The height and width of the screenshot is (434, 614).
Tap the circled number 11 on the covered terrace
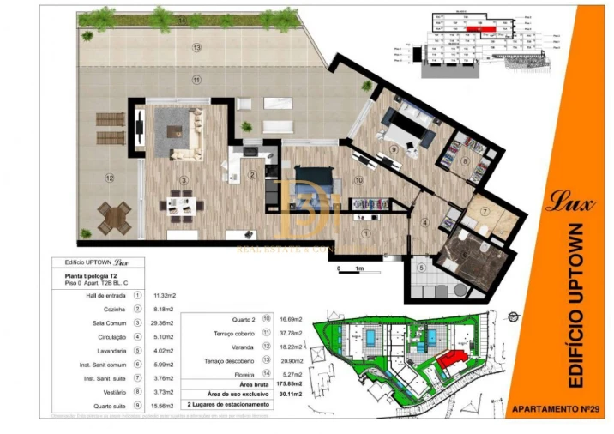pyautogui.click(x=196, y=81)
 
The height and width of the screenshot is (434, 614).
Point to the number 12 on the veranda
pyautogui.click(x=109, y=178)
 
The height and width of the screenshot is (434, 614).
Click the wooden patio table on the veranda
pyautogui.click(x=113, y=217)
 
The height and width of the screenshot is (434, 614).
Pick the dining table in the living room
pyautogui.click(x=181, y=206)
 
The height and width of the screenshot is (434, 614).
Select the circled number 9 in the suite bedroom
pyautogui.click(x=393, y=149)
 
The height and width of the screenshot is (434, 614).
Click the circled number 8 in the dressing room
pyautogui.click(x=465, y=160)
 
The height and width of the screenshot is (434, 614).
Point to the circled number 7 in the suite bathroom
pyautogui.click(x=484, y=211)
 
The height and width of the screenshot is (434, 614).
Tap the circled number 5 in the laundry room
pyautogui.click(x=421, y=268)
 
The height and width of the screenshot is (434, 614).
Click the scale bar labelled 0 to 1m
pyautogui.click(x=350, y=268)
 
